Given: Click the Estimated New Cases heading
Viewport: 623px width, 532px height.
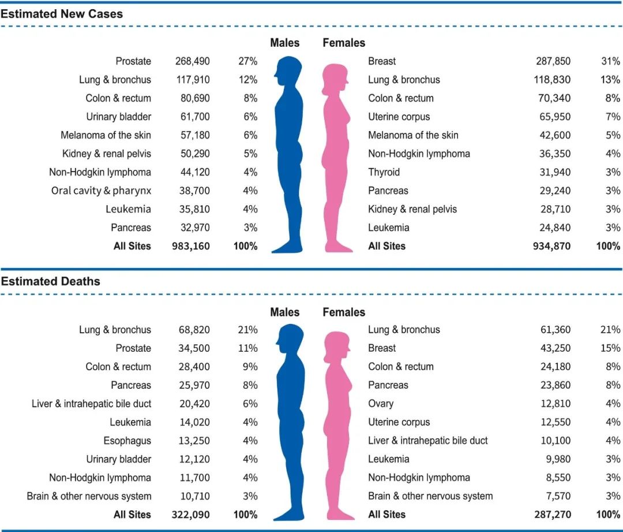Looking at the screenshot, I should (62, 14).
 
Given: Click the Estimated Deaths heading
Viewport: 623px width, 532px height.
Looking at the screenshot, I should (51, 282).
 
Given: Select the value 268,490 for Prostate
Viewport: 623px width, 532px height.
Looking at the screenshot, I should (193, 61).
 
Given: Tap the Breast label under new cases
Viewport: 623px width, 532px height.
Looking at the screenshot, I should (382, 61).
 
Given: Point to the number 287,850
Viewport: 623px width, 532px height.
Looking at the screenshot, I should (552, 61).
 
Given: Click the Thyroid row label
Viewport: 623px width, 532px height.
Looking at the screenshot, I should (384, 172).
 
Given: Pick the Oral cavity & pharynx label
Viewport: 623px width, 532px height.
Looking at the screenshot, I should (101, 191).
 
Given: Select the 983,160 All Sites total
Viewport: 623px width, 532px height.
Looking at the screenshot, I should (191, 246).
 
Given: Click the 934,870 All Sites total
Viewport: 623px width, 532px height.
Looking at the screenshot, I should (551, 246).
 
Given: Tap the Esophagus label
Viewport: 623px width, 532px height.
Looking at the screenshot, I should (127, 441).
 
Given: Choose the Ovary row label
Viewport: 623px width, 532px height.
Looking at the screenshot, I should (381, 404).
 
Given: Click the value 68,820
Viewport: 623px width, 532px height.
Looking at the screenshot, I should (194, 330).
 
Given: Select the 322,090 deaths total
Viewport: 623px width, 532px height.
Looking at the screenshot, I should (191, 515).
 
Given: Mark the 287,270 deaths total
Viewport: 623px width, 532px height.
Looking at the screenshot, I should (551, 515).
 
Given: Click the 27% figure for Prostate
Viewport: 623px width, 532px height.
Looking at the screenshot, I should (247, 61).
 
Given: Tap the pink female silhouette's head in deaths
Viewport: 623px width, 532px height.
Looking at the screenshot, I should (337, 345).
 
